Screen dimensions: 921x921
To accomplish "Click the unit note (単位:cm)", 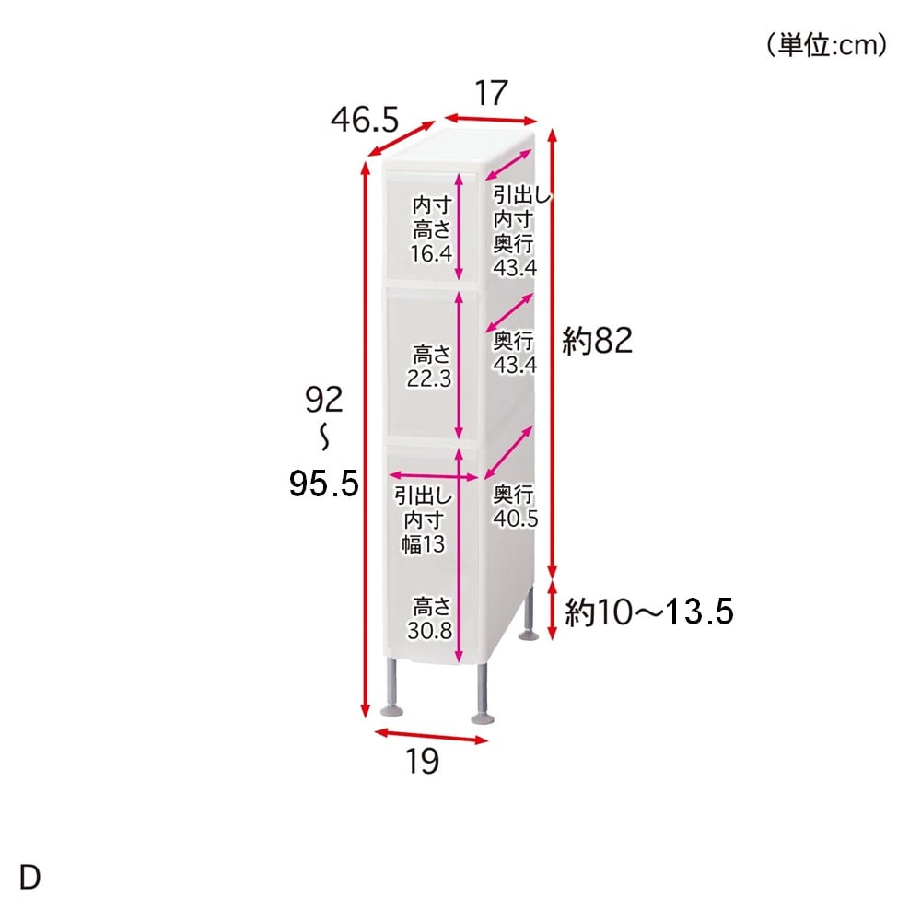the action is coord(826,45).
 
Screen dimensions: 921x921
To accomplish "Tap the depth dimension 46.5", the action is coord(365,120).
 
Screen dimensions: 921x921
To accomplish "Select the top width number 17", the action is coord(491,93).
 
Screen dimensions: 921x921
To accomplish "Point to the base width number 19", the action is coord(423,762).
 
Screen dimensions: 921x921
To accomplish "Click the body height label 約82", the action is coord(598,341).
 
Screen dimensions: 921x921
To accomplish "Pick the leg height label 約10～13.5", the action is coord(649,612).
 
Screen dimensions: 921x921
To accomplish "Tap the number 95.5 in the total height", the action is coord(323,484).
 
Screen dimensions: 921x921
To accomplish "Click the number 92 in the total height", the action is coord(323,400).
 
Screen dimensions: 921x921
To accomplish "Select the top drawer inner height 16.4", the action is coord(431,254).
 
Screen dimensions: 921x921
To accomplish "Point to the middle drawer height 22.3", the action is coord(429,379).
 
